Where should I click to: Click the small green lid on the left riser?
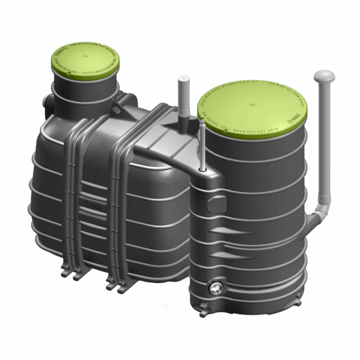point(85,61)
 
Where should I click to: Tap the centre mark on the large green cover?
point(251,104)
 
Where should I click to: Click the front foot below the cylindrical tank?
point(203,311)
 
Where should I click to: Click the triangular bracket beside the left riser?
point(116,108)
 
